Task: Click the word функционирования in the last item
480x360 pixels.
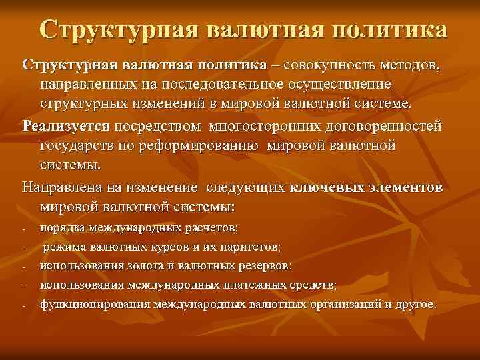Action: [x=95, y=304]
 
